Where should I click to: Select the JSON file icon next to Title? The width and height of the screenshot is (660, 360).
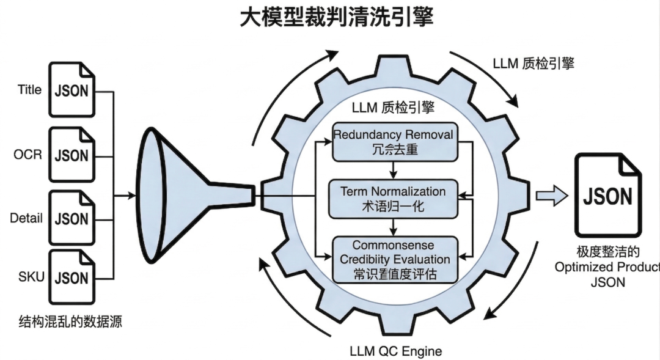pyautogui.click(x=72, y=90)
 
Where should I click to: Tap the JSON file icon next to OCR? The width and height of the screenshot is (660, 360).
pyautogui.click(x=72, y=154)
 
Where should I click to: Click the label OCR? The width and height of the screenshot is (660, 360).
pyautogui.click(x=28, y=154)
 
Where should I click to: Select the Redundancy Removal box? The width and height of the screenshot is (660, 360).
pyautogui.click(x=393, y=141)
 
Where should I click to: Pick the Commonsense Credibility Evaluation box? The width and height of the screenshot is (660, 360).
pyautogui.click(x=393, y=260)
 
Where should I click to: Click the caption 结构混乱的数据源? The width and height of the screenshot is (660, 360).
pyautogui.click(x=70, y=321)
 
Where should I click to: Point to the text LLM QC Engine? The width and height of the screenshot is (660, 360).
pyautogui.click(x=395, y=351)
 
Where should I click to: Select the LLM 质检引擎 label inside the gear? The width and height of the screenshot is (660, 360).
pyautogui.click(x=393, y=108)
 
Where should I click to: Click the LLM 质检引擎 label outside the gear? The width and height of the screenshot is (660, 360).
pyautogui.click(x=533, y=64)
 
